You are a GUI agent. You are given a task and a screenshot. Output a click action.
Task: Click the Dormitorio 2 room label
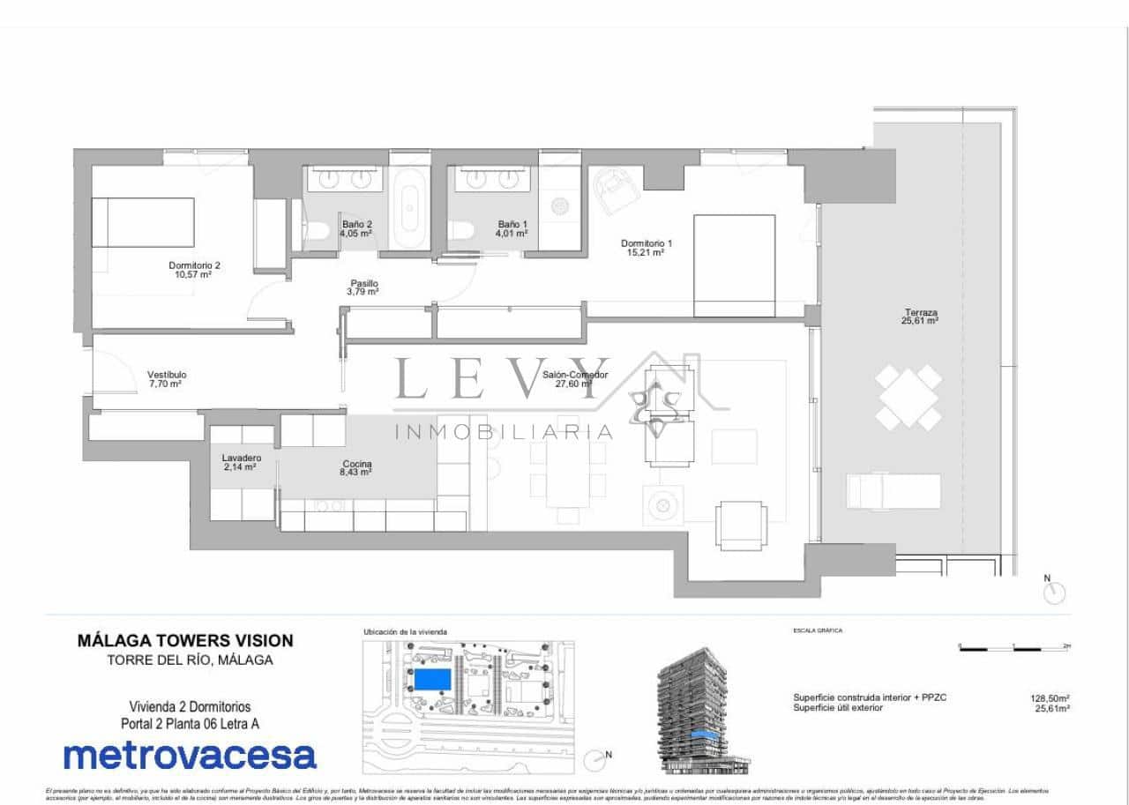(x=194, y=269)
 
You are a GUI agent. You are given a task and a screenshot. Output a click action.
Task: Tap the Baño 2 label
(x=357, y=229)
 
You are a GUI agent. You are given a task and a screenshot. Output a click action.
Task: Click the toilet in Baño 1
(x=461, y=231)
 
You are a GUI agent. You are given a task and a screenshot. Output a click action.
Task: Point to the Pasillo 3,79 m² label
(x=363, y=287)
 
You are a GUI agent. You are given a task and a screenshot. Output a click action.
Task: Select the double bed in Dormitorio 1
(x=734, y=265)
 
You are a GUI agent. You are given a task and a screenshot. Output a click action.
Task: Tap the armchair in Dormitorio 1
(x=614, y=188)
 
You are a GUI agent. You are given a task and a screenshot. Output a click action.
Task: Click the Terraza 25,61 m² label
(x=920, y=317)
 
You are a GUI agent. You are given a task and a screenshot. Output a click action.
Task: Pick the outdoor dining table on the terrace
(x=909, y=398)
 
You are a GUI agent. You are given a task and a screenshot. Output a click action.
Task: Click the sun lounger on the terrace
(x=893, y=491)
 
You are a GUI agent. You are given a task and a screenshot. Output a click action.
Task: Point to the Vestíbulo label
(x=166, y=379)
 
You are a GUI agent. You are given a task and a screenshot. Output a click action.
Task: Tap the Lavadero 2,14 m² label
(x=241, y=463)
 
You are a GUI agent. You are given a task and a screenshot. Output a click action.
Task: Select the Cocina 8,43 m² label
(x=357, y=468)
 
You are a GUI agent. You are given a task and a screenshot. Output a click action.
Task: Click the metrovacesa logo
(x=190, y=756)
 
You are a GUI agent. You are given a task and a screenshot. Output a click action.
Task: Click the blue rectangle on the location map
(x=430, y=679)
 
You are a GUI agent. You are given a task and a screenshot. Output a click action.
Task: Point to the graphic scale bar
(x=1014, y=648)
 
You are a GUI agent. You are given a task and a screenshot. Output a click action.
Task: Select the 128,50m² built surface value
(x=1050, y=697)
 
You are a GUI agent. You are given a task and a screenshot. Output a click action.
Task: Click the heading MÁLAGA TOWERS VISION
(x=185, y=641)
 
